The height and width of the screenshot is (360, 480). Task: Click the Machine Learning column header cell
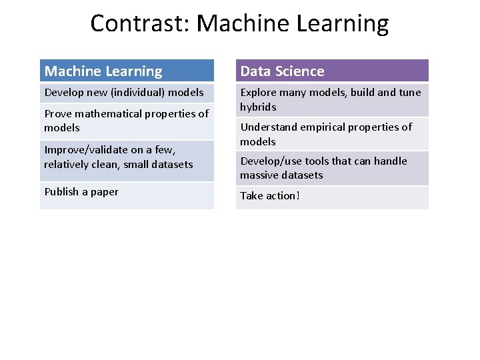127,71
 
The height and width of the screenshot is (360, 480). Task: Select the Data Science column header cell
331,71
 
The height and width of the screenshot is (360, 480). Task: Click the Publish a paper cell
127,192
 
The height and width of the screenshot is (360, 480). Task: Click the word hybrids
258,107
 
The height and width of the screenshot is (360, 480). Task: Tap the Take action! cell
331,196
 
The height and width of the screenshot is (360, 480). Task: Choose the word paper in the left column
105,192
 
